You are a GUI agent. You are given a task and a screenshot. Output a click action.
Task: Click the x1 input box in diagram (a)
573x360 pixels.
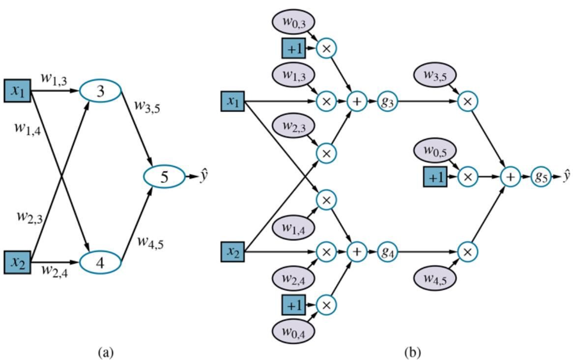[x=18, y=91]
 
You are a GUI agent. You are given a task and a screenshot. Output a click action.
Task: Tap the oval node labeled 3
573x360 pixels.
[x=100, y=91]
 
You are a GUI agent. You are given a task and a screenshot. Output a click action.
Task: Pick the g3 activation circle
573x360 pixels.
[x=387, y=102]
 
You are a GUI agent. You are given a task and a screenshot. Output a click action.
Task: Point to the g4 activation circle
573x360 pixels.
[x=387, y=252]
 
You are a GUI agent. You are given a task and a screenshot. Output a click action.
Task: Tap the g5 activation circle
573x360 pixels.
[x=540, y=176]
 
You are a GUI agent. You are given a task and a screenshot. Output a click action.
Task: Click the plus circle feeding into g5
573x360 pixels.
[x=511, y=176]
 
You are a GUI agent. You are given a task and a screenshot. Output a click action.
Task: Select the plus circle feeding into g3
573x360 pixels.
[x=357, y=102]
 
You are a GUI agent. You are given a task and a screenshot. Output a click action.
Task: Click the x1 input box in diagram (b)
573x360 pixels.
[x=232, y=102]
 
